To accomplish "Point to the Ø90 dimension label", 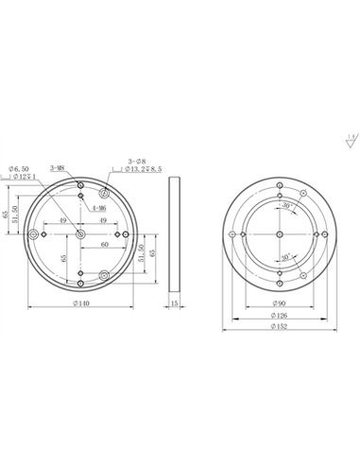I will [x=282, y=303].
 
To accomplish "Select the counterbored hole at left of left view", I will [x=36, y=233].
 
